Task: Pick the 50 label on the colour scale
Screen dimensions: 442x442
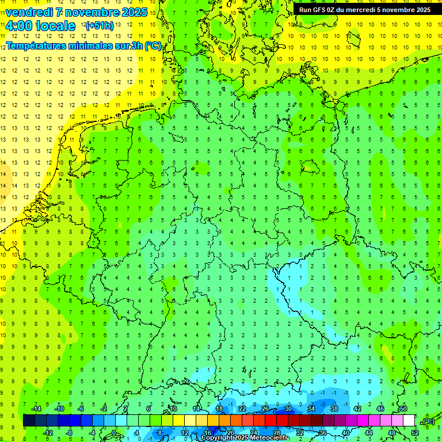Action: [403, 408]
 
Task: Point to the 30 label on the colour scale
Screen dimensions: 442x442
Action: [288, 408]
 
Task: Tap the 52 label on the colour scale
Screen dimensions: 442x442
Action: [415, 433]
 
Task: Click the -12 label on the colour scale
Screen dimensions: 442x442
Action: [48, 433]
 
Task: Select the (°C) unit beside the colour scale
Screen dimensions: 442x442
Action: [428, 421]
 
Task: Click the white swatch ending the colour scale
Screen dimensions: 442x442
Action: [409, 421]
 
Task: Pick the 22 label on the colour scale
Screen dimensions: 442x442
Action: [242, 408]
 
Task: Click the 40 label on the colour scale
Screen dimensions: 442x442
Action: [346, 433]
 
